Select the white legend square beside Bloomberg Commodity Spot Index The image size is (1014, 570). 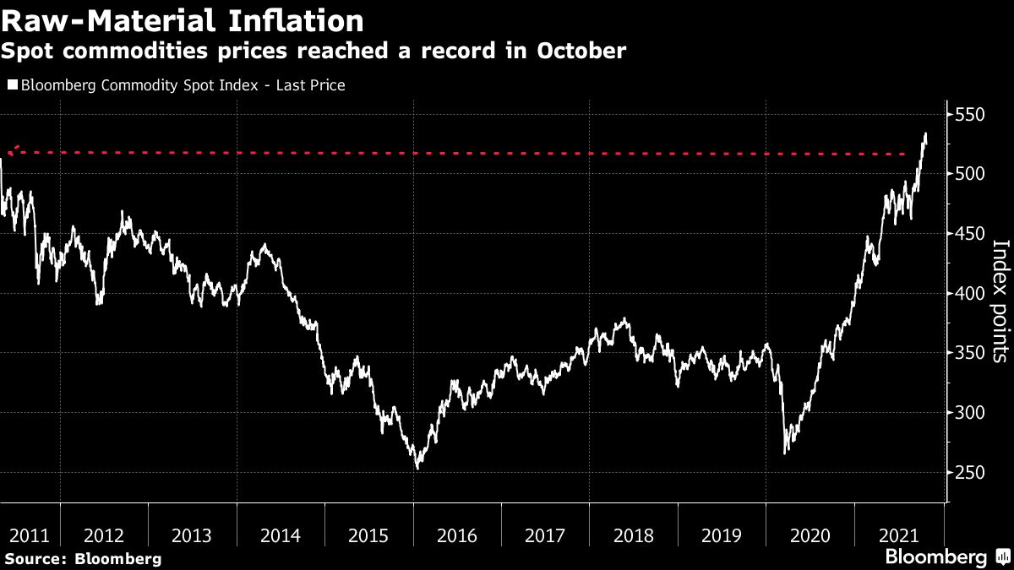[x=12, y=85]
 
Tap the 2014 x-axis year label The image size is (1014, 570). [x=281, y=535]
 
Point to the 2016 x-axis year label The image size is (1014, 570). [x=457, y=535]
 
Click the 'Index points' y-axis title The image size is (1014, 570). [x=1000, y=301]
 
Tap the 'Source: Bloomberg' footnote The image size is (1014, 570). [x=83, y=558]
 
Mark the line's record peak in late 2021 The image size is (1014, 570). [x=925, y=133]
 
